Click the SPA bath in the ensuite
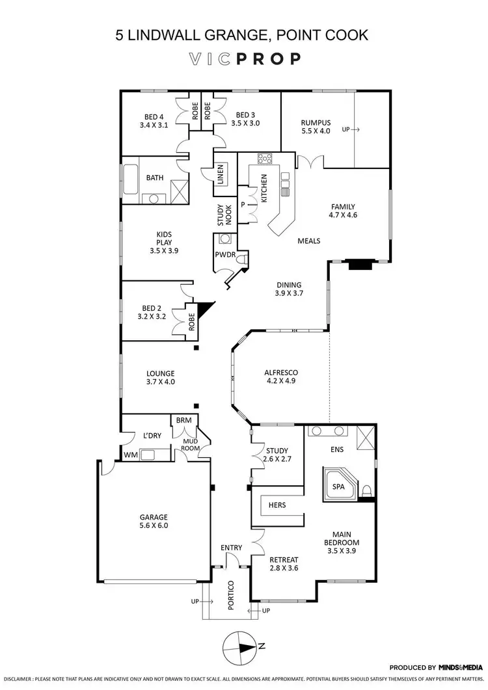tap(338, 486)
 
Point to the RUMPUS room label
tap(316, 126)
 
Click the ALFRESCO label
tap(280, 377)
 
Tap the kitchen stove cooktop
tap(265, 159)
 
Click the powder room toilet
tap(241, 259)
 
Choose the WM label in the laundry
tap(129, 455)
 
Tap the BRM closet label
tap(183, 421)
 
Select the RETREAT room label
tap(284, 564)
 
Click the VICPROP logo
tap(243, 59)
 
